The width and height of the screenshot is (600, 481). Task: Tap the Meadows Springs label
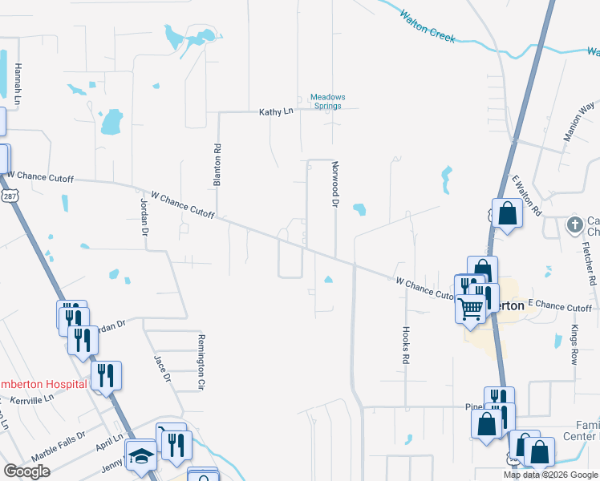coord(328,102)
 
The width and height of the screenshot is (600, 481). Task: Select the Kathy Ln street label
coord(276,112)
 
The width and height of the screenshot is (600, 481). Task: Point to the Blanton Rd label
coord(217,165)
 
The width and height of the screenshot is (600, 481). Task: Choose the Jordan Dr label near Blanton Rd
coord(145,216)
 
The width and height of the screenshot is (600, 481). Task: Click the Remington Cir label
coord(201,362)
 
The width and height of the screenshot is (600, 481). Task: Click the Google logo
coord(26,471)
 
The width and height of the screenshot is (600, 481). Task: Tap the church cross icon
coord(574,225)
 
